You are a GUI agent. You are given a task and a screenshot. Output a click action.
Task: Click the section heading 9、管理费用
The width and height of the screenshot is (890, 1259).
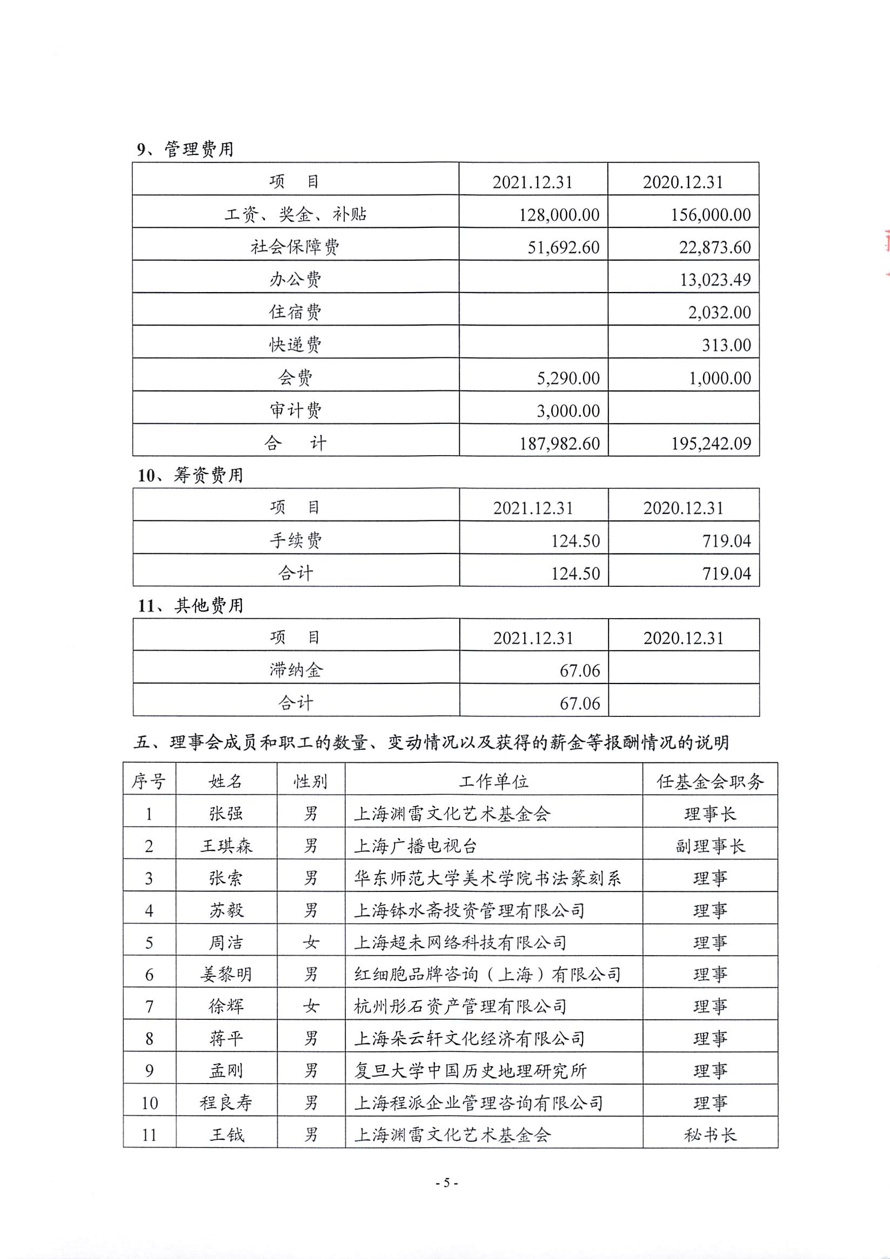[185, 149]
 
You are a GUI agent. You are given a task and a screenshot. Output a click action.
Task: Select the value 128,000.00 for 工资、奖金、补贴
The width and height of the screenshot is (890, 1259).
[559, 214]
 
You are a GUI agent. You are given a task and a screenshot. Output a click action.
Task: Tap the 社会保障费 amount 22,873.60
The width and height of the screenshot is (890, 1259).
[714, 247]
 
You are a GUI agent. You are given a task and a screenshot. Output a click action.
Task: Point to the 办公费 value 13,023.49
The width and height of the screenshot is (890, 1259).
[715, 280]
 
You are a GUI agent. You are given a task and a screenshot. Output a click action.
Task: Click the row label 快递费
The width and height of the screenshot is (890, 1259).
[295, 344]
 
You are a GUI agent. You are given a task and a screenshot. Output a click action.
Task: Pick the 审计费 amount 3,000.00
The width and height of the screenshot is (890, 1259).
[568, 410]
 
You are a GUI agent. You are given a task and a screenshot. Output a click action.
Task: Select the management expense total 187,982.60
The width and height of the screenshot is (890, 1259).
[559, 443]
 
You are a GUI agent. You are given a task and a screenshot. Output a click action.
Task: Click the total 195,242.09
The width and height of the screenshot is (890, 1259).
[711, 443]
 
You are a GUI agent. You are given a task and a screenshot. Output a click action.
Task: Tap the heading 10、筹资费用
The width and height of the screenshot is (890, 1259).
[190, 475]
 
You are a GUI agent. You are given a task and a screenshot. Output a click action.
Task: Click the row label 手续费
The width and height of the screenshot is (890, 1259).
[295, 540]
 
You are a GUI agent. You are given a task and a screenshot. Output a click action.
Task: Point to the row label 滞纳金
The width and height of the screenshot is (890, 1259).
[295, 669]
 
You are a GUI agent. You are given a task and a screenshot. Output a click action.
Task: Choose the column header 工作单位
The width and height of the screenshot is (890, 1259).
[493, 781]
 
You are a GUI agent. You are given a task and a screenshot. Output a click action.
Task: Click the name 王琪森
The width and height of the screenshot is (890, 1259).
[226, 845]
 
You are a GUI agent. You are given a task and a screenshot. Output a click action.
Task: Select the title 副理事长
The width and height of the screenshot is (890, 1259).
[710, 845]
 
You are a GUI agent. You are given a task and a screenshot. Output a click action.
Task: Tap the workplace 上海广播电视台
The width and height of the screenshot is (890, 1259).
[415, 845]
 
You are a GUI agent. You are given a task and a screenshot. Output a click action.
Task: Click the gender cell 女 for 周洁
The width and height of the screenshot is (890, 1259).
[311, 943]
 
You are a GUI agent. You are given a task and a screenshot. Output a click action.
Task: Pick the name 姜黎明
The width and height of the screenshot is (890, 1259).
[226, 974]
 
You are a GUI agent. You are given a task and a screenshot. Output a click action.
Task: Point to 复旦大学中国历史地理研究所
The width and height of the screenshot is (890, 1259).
[470, 1071]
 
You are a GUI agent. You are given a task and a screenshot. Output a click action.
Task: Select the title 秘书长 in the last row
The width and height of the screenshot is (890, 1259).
[710, 1134]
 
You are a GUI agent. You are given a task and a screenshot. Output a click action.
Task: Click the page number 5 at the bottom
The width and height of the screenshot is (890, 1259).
[446, 1183]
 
